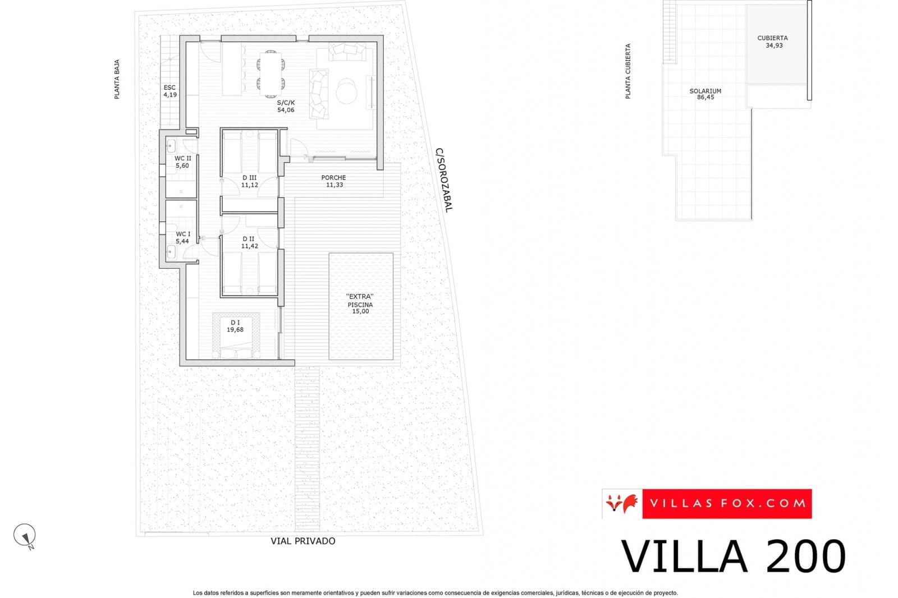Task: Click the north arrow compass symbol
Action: coord(25,535)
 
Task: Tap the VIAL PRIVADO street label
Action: coord(303,541)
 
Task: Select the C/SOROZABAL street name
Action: coord(443,180)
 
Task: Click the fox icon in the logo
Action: coord(622,503)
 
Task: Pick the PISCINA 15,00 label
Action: coord(360,307)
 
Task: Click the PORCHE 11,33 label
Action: coord(333,181)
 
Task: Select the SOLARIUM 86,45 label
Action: coord(705,94)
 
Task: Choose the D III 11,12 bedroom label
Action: coord(249,181)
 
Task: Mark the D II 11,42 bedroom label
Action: coord(249,242)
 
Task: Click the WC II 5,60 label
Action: coord(182,162)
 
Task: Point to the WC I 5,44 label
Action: coord(182,237)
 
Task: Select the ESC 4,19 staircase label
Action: coord(169,91)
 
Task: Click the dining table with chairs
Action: coord(271,71)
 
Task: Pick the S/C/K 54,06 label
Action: coord(285,106)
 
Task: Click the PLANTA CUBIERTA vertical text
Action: coord(627,71)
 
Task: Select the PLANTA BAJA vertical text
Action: coord(117,79)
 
